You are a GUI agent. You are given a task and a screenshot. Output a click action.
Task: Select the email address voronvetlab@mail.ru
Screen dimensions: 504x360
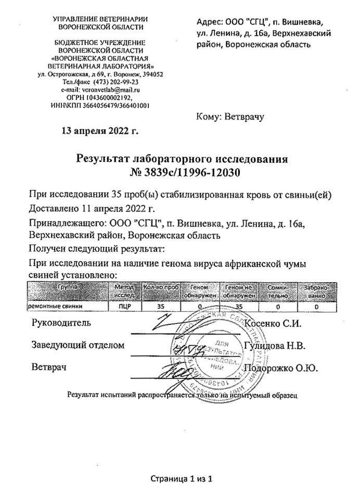tap(109, 90)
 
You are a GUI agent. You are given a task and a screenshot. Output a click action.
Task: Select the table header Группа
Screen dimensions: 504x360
tap(68, 287)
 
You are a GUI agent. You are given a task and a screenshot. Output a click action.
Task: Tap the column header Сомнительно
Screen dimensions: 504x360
tap(278, 291)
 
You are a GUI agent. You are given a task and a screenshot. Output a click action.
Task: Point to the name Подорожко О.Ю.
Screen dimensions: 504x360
tap(281, 368)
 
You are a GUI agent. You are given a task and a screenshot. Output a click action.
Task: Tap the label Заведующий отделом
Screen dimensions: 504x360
tap(78, 345)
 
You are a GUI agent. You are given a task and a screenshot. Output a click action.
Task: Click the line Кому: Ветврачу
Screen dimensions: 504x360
tap(230, 116)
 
